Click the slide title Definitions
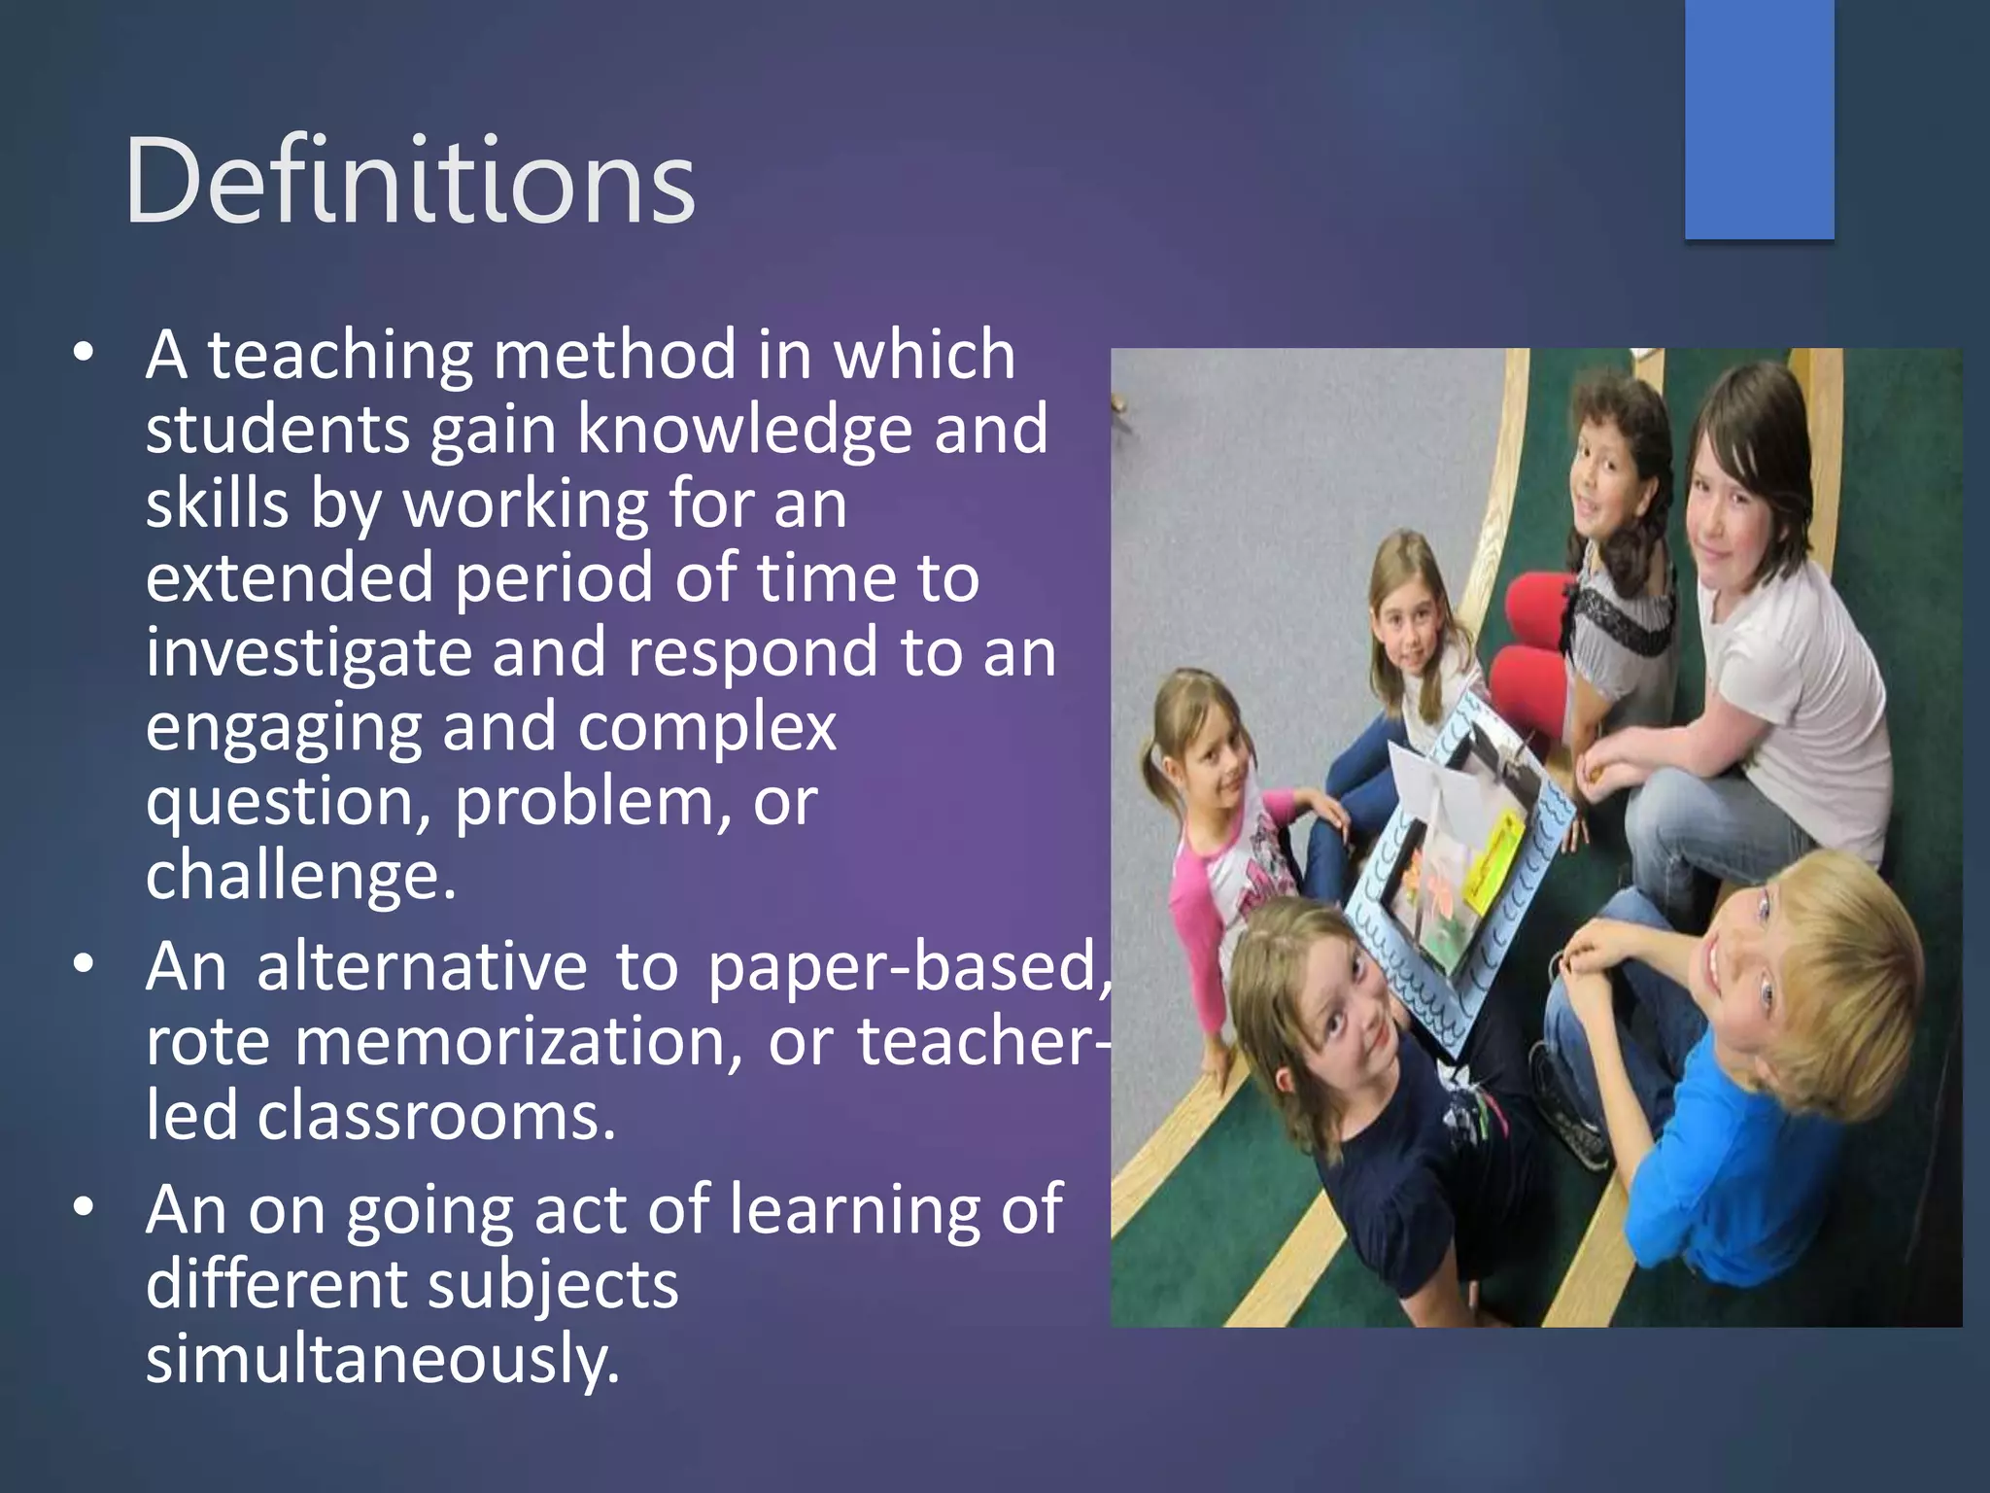click(410, 182)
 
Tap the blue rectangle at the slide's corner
click(1759, 119)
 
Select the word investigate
click(308, 652)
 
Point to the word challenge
click(299, 875)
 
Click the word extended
click(289, 577)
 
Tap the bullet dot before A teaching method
click(85, 352)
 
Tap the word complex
click(706, 727)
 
